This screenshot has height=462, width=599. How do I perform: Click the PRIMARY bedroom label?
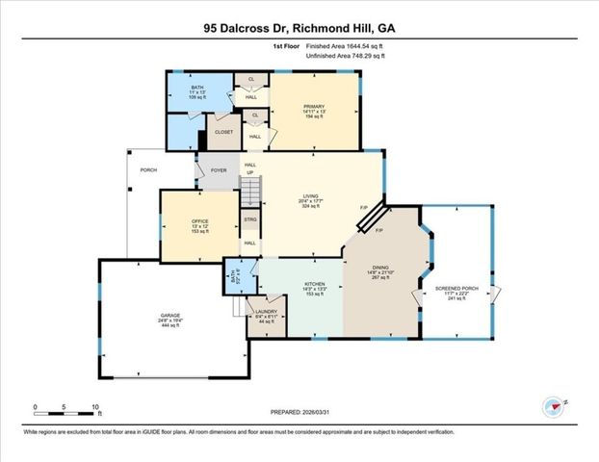click(314, 107)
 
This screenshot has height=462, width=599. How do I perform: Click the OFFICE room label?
click(200, 222)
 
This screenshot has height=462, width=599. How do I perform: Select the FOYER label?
click(218, 169)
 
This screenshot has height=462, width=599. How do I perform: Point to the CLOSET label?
click(223, 132)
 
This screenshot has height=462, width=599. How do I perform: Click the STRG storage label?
click(249, 220)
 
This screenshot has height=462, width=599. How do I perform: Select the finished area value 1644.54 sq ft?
click(362, 45)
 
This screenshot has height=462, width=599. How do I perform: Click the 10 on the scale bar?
click(94, 406)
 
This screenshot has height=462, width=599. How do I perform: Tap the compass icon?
click(553, 405)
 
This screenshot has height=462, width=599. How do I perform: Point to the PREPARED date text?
click(299, 411)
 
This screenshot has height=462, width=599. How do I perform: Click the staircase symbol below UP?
click(250, 183)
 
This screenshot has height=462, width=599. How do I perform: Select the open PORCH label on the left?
click(148, 169)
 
